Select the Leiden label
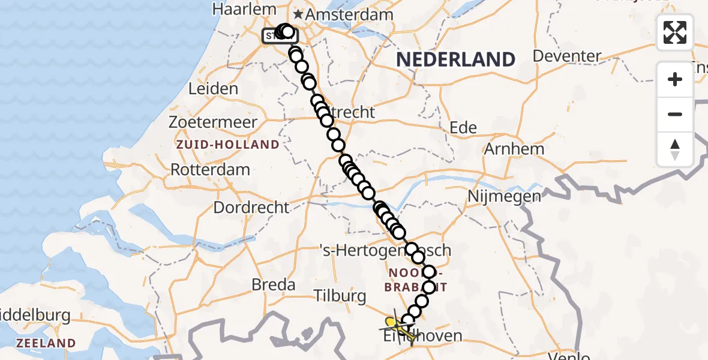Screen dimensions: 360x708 tap(213, 89)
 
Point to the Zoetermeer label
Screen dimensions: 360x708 tap(213, 122)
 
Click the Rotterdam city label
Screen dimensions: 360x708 tap(210, 169)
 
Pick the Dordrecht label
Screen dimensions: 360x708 tap(251, 208)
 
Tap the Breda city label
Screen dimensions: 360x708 tap(274, 284)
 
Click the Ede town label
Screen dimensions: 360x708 tap(463, 127)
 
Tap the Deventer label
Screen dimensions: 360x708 tap(566, 56)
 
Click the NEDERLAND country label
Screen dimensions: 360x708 tap(455, 59)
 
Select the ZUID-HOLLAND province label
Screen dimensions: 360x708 tap(227, 145)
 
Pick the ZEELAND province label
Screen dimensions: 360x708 tap(46, 343)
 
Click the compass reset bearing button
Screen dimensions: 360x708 tap(675, 149)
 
